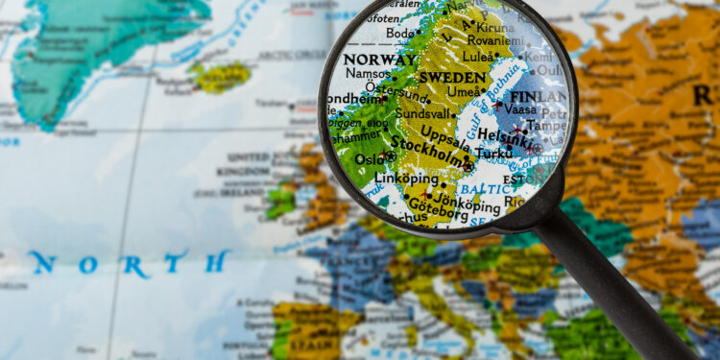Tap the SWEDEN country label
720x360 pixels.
coord(452,77)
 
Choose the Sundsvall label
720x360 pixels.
coord(422,112)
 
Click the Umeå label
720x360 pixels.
coord(465,91)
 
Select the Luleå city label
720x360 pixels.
coord(480,56)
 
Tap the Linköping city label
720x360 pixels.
coord(405,179)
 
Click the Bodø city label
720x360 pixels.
coord(402,34)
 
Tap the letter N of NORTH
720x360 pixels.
coord(41,263)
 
